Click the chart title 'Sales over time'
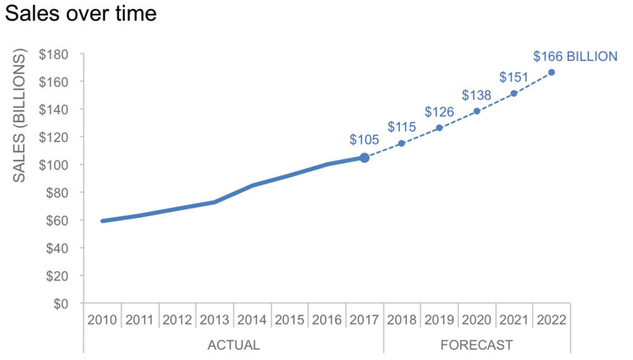(x=80, y=13)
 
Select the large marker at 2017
(x=365, y=158)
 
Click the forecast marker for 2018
(x=401, y=144)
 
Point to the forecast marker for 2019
(x=439, y=128)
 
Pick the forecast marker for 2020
(x=477, y=111)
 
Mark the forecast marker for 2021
(x=514, y=94)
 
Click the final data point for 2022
(x=551, y=72)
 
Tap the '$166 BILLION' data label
(x=575, y=56)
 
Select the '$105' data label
(x=364, y=140)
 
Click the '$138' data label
(x=476, y=96)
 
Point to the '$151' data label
(x=513, y=77)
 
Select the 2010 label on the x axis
(x=103, y=320)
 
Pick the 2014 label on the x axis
(x=253, y=320)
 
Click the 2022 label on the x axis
(x=551, y=320)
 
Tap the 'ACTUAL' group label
(x=234, y=345)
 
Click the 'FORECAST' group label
(x=477, y=345)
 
